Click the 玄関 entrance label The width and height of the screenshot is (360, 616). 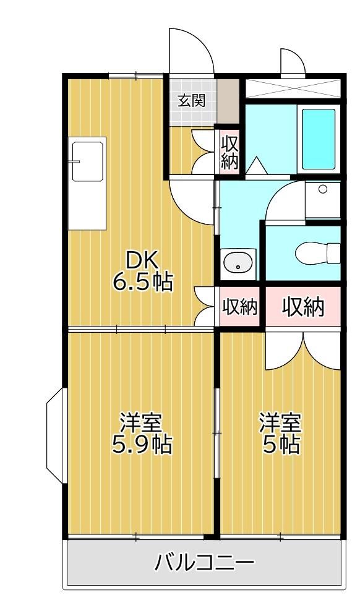pos(191,101)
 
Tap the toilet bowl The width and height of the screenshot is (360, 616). pos(317,253)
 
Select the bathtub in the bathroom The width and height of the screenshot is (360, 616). pos(319,139)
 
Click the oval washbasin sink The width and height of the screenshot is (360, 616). pos(238,262)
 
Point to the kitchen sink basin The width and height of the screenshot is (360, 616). pos(87,161)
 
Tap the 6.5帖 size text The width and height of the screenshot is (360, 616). pos(143,281)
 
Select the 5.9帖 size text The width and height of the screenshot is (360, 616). pos(142,444)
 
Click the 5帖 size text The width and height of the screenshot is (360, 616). pos(281,444)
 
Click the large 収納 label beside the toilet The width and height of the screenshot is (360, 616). pos(304,306)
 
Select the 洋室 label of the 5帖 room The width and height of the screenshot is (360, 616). pos(281,422)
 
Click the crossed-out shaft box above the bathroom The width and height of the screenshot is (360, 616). pos(293,88)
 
